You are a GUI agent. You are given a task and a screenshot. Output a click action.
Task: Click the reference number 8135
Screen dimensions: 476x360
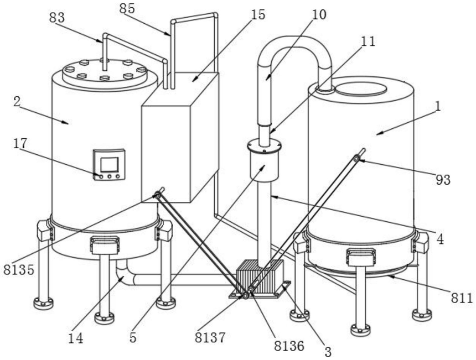pos(19,269)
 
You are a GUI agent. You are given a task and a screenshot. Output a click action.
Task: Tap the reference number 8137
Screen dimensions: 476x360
pos(210,337)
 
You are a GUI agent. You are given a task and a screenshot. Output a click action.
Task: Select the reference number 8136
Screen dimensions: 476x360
pos(289,346)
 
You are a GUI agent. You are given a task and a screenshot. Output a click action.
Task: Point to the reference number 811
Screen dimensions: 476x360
pos(462,298)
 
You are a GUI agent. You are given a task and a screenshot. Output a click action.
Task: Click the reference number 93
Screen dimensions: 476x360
pos(443,180)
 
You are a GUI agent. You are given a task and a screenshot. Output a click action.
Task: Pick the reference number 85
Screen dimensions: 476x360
pos(127,9)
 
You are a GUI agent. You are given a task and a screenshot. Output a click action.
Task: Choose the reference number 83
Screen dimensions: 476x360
pos(57,18)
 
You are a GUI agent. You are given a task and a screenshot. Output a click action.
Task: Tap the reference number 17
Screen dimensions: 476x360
pos(20,143)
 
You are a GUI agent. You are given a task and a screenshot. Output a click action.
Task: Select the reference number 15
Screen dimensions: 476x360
pos(258,14)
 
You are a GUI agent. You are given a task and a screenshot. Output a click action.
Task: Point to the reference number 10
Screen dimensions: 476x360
pos(319,14)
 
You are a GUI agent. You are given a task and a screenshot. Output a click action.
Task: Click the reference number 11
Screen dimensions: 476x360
pos(368,41)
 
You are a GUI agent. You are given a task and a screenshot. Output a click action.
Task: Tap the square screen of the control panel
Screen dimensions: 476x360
pos(109,165)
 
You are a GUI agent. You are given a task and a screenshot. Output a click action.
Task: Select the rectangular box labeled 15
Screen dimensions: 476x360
pos(180,137)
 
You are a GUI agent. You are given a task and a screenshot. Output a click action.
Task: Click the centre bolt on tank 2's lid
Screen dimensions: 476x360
pos(104,78)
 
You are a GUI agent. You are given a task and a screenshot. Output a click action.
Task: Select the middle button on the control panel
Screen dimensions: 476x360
pos(110,176)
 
